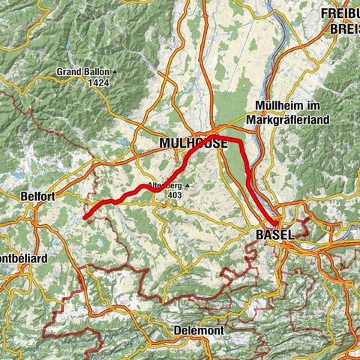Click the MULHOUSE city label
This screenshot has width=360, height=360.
(191, 143)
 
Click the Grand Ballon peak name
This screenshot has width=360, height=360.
(81, 73)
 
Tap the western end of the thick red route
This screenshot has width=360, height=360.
(85, 217)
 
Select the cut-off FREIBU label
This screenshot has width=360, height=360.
(341, 13)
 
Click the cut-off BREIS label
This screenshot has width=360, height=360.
(345, 29)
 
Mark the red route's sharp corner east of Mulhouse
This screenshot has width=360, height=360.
(241, 142)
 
